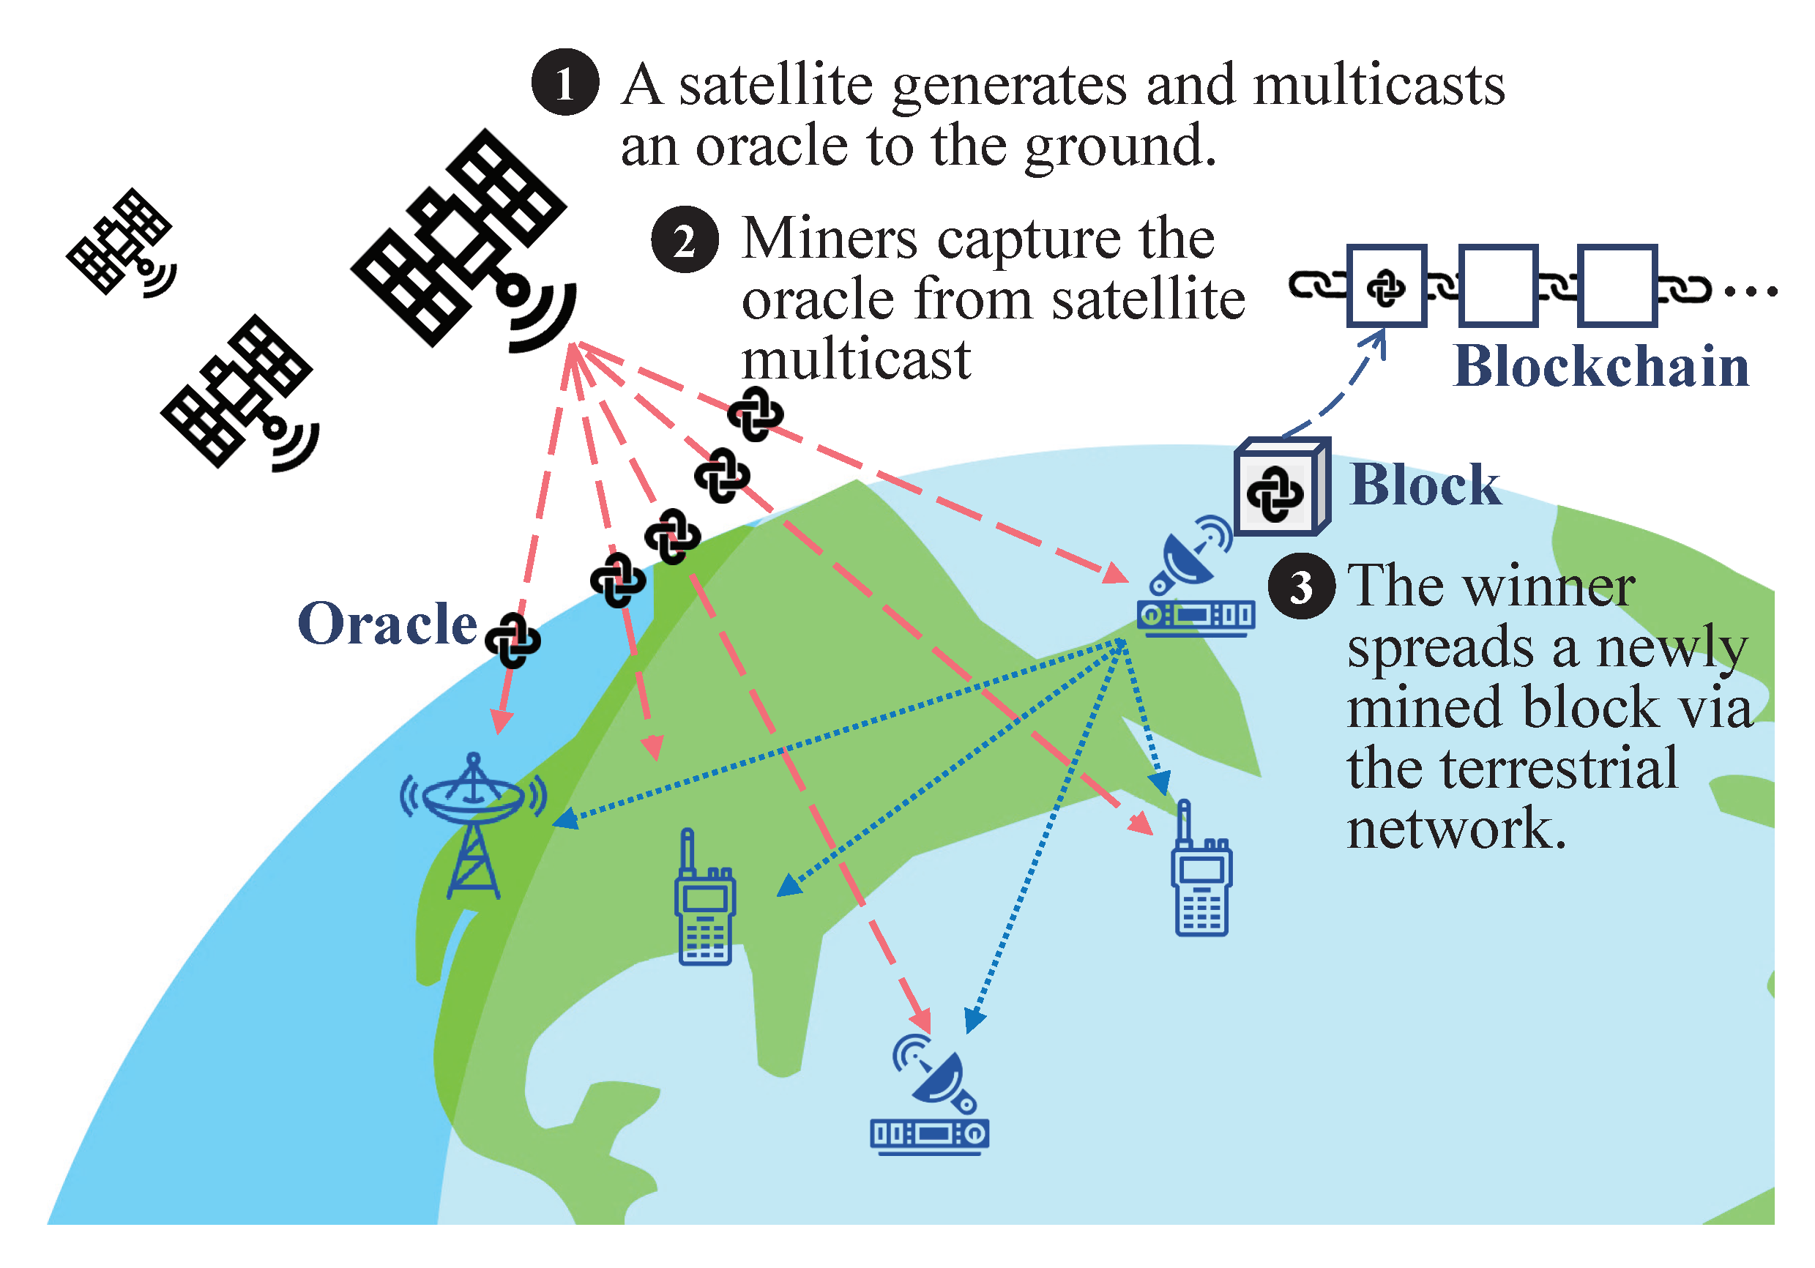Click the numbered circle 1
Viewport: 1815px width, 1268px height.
click(x=564, y=82)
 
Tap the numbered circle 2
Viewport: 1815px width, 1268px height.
click(x=685, y=239)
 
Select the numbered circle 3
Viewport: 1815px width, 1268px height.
click(x=1301, y=586)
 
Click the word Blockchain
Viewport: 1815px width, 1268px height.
click(x=1600, y=367)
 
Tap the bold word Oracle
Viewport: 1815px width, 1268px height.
click(x=387, y=624)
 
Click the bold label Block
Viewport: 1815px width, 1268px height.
click(x=1425, y=485)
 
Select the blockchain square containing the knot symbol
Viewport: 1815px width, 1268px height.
click(x=1386, y=286)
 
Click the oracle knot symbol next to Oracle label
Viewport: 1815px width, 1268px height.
click(x=513, y=640)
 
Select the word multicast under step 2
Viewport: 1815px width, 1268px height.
click(x=855, y=359)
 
